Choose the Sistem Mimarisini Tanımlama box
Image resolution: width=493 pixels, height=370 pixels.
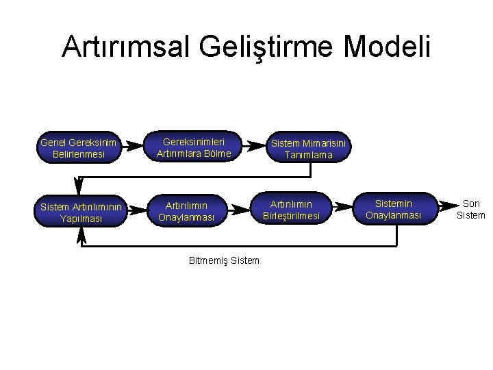[309, 149]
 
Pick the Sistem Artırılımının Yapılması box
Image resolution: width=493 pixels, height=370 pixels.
[81, 212]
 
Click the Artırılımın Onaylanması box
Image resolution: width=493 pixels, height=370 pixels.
[186, 211]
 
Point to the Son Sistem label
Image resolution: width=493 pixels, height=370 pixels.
[472, 209]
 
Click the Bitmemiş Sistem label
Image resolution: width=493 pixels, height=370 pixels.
[223, 260]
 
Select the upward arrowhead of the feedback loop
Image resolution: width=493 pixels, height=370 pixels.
[81, 234]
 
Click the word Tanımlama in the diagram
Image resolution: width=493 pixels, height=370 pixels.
[309, 155]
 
